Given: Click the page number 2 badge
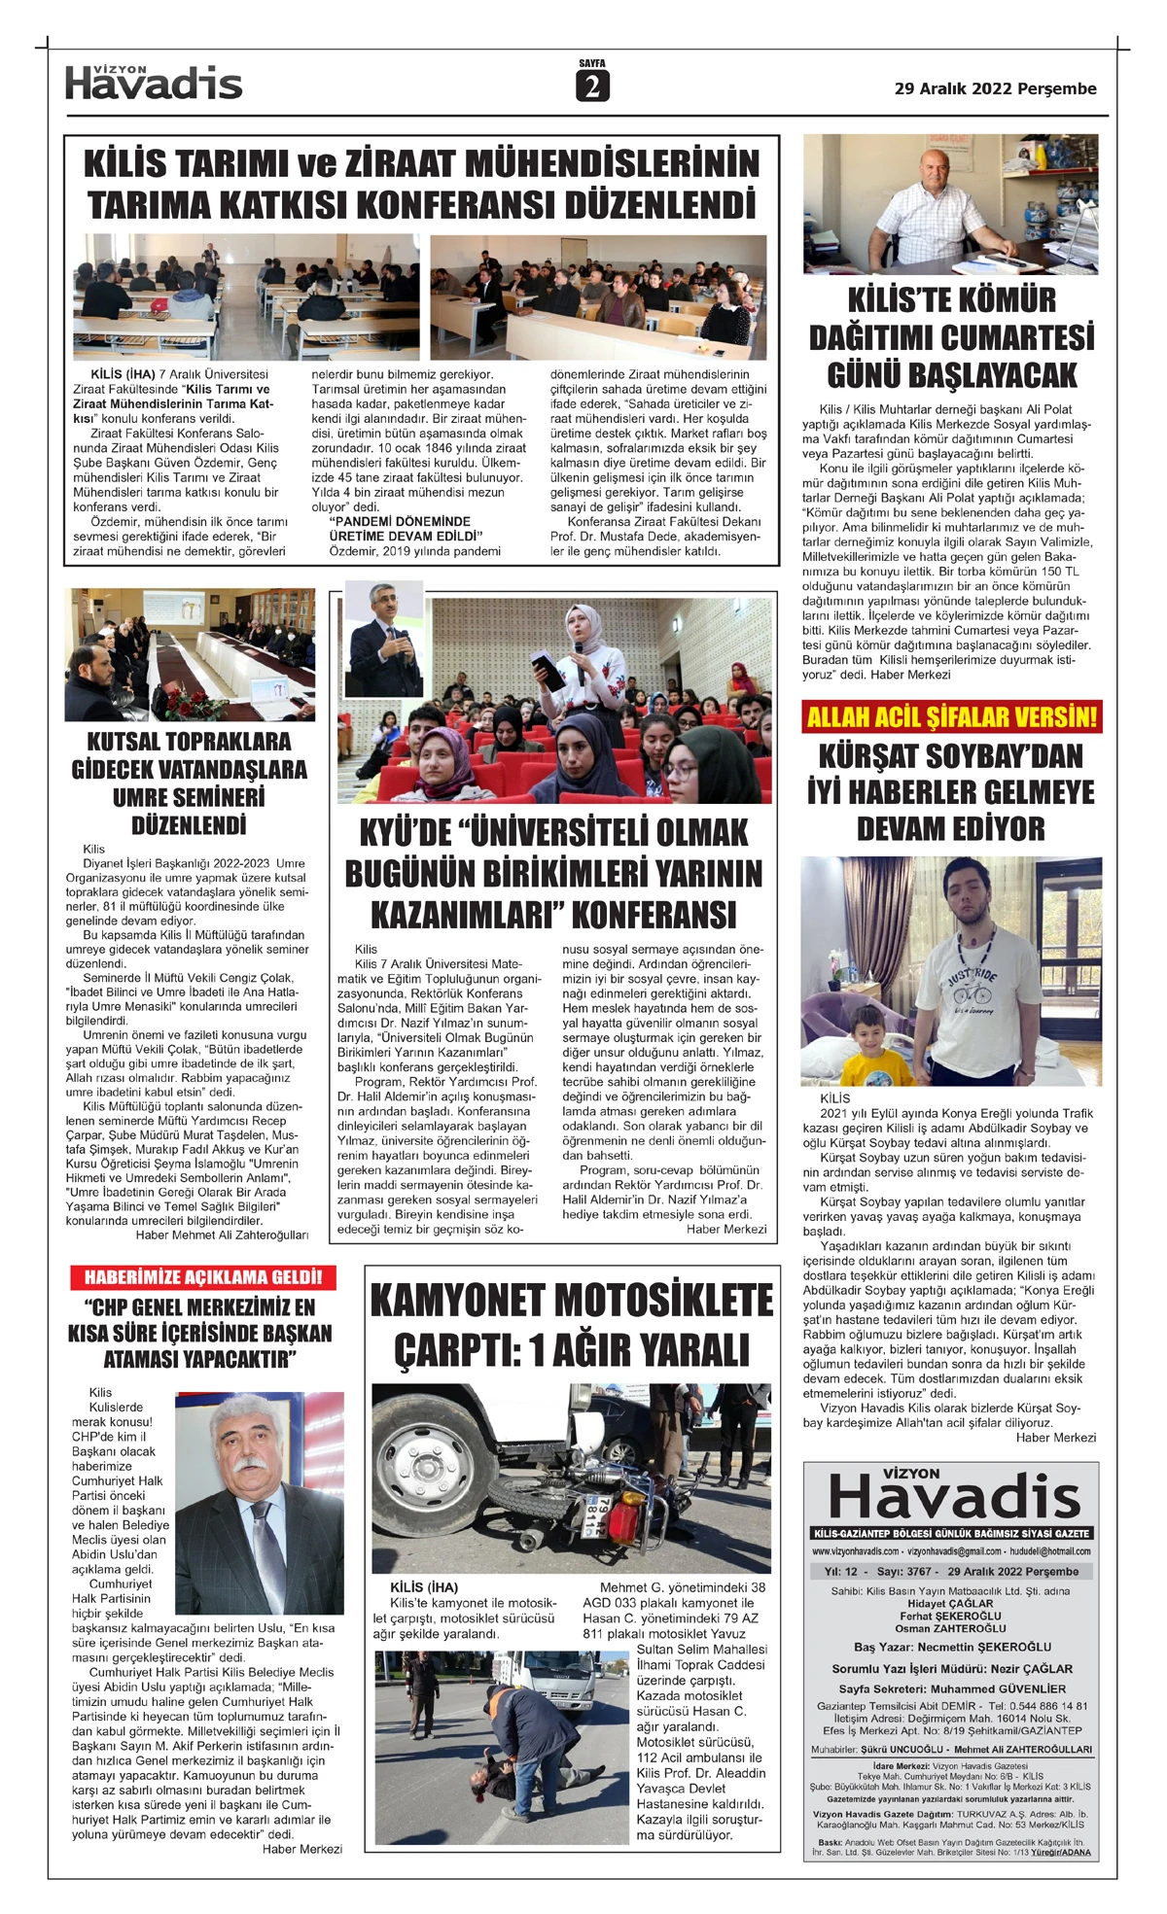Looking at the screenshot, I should pos(591,87).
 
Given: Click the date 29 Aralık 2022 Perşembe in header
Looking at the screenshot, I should pos(995,88).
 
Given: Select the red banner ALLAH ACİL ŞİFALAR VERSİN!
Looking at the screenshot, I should pos(952,718).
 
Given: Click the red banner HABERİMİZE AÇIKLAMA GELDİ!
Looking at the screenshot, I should pos(202,1277).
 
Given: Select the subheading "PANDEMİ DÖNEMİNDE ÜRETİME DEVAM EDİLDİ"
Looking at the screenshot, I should pos(406,529).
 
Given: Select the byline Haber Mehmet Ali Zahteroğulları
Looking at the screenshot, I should pos(222,1235).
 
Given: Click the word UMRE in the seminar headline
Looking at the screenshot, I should pos(143,798).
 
